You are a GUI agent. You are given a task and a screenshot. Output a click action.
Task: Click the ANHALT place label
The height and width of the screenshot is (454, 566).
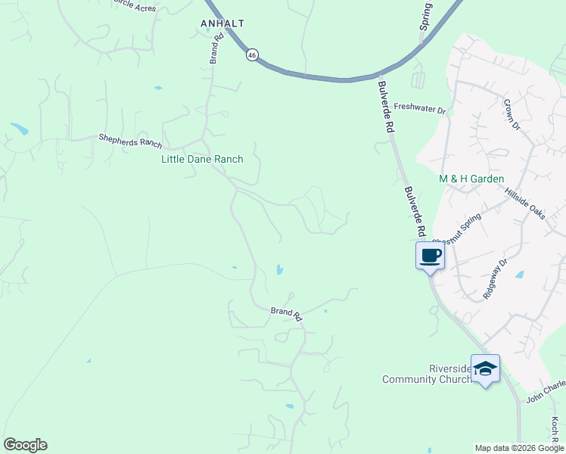tap(222, 23)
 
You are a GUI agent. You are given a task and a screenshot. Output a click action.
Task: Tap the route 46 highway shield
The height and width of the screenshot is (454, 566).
tap(252, 54)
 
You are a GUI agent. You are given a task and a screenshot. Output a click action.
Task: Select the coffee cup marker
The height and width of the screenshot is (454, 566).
tap(431, 256)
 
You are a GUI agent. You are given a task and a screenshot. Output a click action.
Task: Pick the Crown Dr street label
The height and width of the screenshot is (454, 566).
tap(513, 113)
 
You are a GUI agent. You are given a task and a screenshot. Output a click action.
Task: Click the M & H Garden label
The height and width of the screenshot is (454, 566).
tap(471, 179)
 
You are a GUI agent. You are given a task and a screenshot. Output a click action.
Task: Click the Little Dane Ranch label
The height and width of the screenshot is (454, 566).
tap(202, 159)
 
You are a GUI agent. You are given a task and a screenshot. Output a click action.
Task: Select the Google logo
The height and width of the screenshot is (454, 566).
tap(25, 445)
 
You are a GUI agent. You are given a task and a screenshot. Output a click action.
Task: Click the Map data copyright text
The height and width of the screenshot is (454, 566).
tap(518, 448)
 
